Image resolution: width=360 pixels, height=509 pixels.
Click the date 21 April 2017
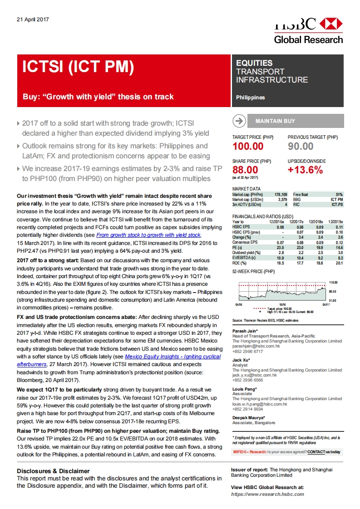[32, 20]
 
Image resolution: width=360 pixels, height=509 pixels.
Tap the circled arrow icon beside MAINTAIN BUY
[238, 121]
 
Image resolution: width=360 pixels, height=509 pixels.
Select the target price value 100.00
[248, 146]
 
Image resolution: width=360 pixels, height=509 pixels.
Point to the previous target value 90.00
[301, 146]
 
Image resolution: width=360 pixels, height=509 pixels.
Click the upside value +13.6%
[306, 170]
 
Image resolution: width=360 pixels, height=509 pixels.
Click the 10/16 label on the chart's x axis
[282, 305]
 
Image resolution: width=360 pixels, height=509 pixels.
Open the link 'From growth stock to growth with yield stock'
[148, 235]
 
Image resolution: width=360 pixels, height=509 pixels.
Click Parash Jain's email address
[259, 346]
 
